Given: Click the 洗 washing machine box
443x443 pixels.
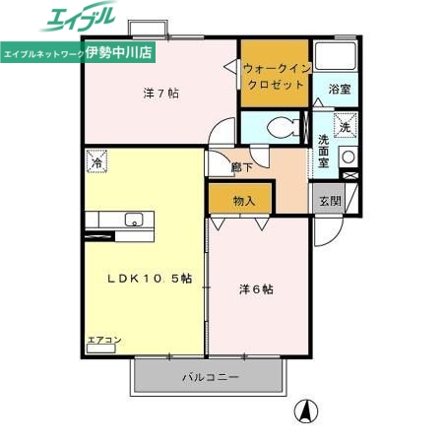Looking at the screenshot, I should tap(345, 125).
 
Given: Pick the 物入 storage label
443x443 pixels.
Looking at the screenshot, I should tap(245, 201).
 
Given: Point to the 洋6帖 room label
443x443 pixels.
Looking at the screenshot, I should tap(256, 289).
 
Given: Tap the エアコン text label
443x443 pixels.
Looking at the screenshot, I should tap(103, 340).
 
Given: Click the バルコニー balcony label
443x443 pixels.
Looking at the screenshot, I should tap(209, 377).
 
